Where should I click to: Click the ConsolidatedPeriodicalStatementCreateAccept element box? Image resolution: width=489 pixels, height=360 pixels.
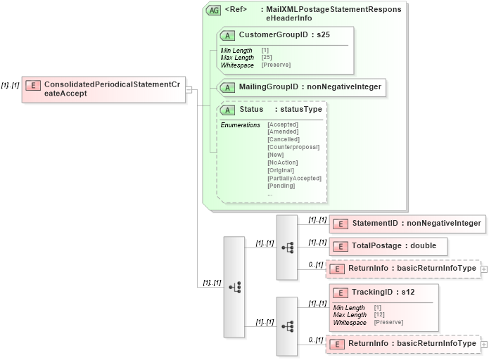coord(103,89)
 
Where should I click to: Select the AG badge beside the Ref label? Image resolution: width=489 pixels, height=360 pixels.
coord(212,11)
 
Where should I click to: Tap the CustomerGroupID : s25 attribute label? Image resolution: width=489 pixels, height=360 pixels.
coord(284,34)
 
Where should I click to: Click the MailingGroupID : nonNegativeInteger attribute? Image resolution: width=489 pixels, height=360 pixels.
coord(310,87)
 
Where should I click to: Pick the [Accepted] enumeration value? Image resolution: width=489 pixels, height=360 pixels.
coord(283,124)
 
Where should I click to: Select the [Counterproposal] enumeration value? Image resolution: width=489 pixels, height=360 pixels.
coord(293,147)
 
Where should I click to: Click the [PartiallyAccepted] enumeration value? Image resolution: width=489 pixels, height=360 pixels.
coord(294,178)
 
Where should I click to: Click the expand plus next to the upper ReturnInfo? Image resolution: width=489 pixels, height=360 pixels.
coord(483,269)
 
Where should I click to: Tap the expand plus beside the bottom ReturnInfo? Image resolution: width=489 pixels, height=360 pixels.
coord(483,344)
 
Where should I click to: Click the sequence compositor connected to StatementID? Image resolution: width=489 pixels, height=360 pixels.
coord(287,247)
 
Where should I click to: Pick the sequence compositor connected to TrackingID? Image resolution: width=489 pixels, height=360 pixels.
coord(287,326)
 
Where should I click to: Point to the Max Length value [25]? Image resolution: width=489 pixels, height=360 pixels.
coord(267,58)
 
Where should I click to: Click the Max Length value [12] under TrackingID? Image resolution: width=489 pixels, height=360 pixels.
coord(379,315)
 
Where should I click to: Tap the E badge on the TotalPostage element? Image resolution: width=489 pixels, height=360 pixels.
coord(341,246)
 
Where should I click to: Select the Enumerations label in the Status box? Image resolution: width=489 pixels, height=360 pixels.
coord(240,124)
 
